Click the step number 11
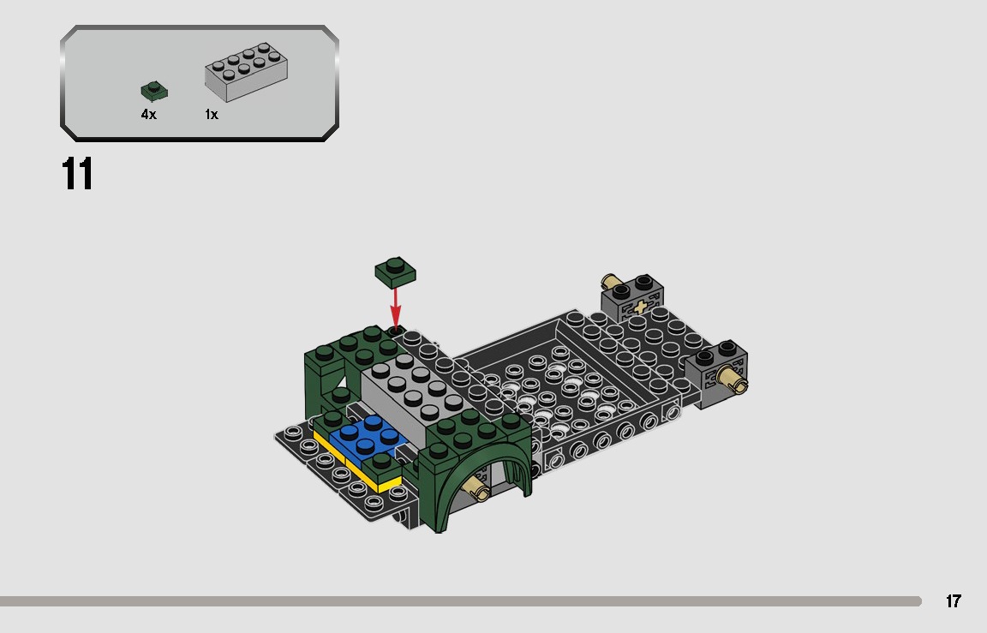click(77, 174)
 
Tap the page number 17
click(954, 601)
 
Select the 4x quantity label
click(149, 115)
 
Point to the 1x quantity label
click(212, 115)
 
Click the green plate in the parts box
click(154, 91)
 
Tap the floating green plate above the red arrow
click(396, 272)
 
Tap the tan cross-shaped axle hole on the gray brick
click(638, 307)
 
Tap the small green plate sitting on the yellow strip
click(381, 465)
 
